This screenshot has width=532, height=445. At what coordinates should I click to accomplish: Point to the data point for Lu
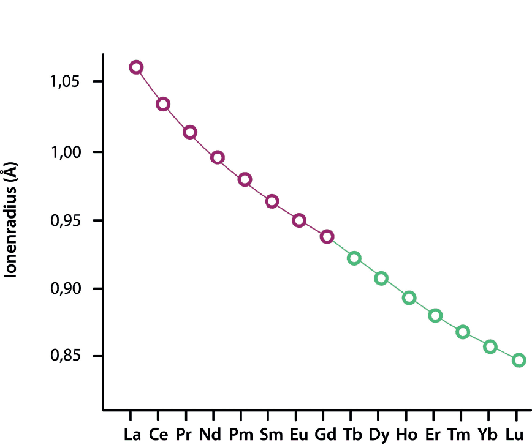click(x=519, y=355)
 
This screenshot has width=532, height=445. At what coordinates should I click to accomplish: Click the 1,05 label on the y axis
click(x=65, y=81)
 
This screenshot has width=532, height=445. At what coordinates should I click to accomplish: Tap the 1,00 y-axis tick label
click(x=66, y=152)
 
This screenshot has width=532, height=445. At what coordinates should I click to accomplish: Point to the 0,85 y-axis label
click(x=66, y=355)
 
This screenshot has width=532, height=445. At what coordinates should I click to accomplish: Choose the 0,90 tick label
click(x=66, y=288)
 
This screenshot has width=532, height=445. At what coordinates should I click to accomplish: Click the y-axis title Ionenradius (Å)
click(x=10, y=220)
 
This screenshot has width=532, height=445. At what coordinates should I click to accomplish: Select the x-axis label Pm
click(x=241, y=435)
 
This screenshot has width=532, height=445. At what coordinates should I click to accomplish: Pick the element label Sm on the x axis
click(x=271, y=435)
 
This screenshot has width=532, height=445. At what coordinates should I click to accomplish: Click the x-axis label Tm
click(x=459, y=435)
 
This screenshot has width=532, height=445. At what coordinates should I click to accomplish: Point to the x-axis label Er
click(x=433, y=435)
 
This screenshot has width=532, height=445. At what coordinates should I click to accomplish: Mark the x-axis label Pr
click(x=184, y=435)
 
